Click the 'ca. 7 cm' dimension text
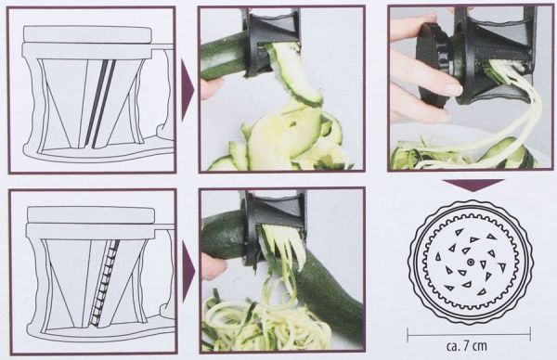coord(467,345)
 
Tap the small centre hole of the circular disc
coord(470,262)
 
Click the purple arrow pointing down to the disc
coord(473,185)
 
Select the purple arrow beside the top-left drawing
coord(188,91)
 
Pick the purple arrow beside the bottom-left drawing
coord(188,272)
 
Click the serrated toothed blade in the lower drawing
coord(104,282)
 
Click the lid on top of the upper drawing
coord(87,34)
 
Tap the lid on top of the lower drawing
coord(91,215)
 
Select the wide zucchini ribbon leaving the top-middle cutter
coord(297,74)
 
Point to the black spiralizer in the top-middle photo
coord(271,40)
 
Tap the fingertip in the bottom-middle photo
coord(215,266)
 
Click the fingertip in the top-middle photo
coord(212,87)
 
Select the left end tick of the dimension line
coord(408,334)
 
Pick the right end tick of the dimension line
coord(530,334)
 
